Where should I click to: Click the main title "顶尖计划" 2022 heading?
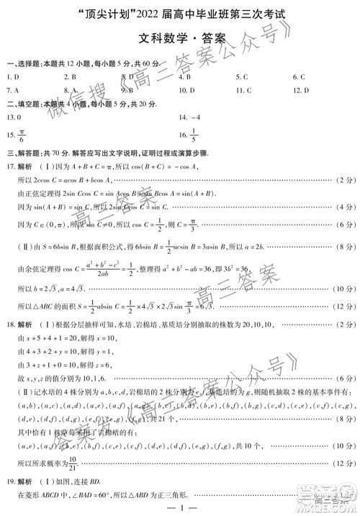point(180,13)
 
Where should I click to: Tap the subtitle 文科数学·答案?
point(180,39)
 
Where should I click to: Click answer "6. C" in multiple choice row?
point(299,76)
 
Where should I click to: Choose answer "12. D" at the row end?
point(301,90)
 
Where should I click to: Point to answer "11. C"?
point(243,90)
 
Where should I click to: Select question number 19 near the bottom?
point(9,484)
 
